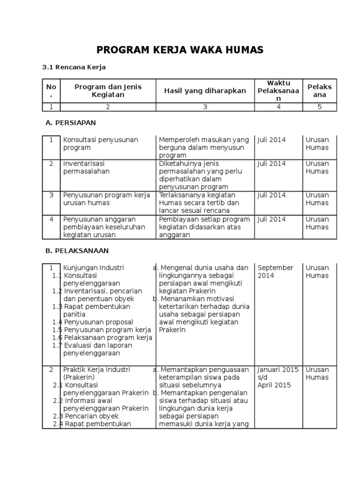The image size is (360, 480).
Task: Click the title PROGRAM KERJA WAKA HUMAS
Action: click(180, 50)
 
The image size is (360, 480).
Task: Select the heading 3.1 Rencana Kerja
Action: click(74, 67)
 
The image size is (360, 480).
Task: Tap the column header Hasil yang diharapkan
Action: click(205, 91)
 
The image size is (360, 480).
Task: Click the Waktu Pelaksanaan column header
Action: click(278, 91)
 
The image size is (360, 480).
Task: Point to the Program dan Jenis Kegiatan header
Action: click(108, 91)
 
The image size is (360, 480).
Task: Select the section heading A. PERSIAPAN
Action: click(70, 123)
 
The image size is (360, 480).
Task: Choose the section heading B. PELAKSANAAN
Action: click(77, 251)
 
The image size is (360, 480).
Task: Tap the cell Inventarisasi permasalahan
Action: click(86, 167)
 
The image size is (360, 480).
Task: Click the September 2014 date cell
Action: click(275, 271)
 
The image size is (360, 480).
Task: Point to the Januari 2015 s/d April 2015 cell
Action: click(278, 377)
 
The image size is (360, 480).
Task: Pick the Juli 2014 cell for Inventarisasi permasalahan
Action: click(271, 164)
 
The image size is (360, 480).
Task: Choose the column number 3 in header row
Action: click(205, 107)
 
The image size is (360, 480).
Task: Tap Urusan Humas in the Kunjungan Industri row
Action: click(317, 271)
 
